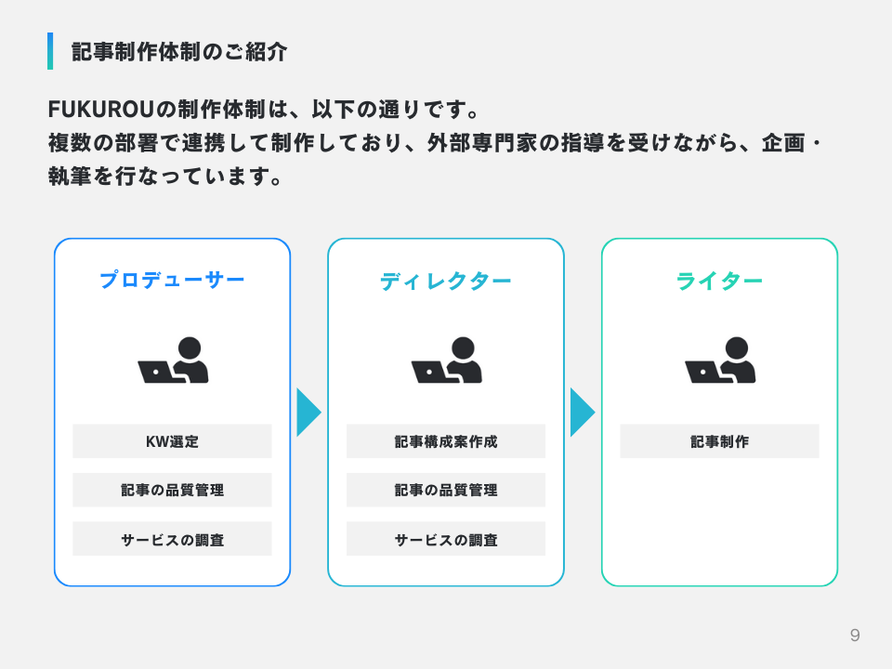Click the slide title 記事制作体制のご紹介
coord(179,52)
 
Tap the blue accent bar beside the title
coord(50,51)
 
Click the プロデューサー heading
coord(172,280)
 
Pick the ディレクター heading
coord(445,280)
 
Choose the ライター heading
coord(719,280)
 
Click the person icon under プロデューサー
coord(174,361)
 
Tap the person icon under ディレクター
coord(447,361)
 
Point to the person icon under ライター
coord(720,361)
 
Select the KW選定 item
coord(172,441)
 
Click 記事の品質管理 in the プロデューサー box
coord(172,490)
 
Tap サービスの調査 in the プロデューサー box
coord(172,539)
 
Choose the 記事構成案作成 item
coord(446,441)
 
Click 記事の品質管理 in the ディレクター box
coord(446,490)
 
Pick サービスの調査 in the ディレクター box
coord(446,539)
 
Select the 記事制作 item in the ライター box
coord(719,441)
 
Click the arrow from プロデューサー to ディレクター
coord(308,412)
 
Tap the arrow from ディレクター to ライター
coord(582,412)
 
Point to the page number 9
coord(855,636)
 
